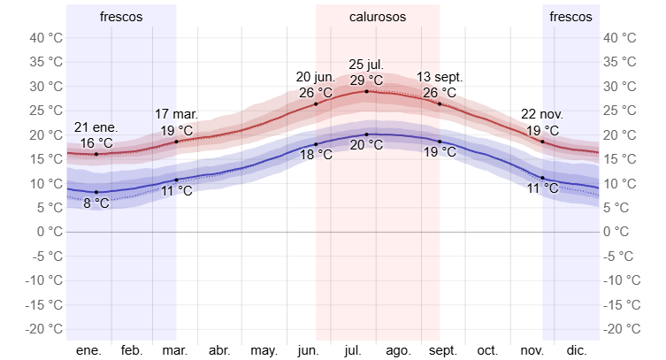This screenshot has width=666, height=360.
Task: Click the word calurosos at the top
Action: click(x=378, y=17)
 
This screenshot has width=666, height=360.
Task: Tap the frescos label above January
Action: click(x=121, y=17)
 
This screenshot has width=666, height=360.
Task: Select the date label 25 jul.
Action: click(x=366, y=65)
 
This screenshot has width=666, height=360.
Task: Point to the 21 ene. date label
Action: click(x=96, y=127)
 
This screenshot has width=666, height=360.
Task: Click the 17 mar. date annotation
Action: click(x=176, y=115)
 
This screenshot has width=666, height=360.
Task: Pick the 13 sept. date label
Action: click(x=440, y=77)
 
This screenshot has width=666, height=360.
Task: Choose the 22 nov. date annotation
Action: click(x=542, y=115)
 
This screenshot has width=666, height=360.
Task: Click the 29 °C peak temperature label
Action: click(x=366, y=80)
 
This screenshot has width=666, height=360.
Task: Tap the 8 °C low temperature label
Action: click(x=96, y=203)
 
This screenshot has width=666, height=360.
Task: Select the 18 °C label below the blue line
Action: click(x=316, y=155)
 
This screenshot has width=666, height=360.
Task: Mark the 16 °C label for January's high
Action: click(x=96, y=142)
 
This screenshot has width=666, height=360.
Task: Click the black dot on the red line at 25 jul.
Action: click(x=366, y=91)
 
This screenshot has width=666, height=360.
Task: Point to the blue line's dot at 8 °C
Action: click(x=96, y=192)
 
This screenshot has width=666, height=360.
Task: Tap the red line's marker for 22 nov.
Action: click(x=543, y=142)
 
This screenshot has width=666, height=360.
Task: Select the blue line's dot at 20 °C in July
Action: click(x=366, y=134)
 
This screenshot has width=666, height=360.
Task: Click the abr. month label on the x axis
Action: click(x=219, y=350)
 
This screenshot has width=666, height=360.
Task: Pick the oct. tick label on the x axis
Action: click(x=488, y=350)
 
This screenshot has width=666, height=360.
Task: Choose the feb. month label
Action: click(x=132, y=350)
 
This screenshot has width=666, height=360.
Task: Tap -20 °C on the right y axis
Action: click(x=620, y=328)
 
